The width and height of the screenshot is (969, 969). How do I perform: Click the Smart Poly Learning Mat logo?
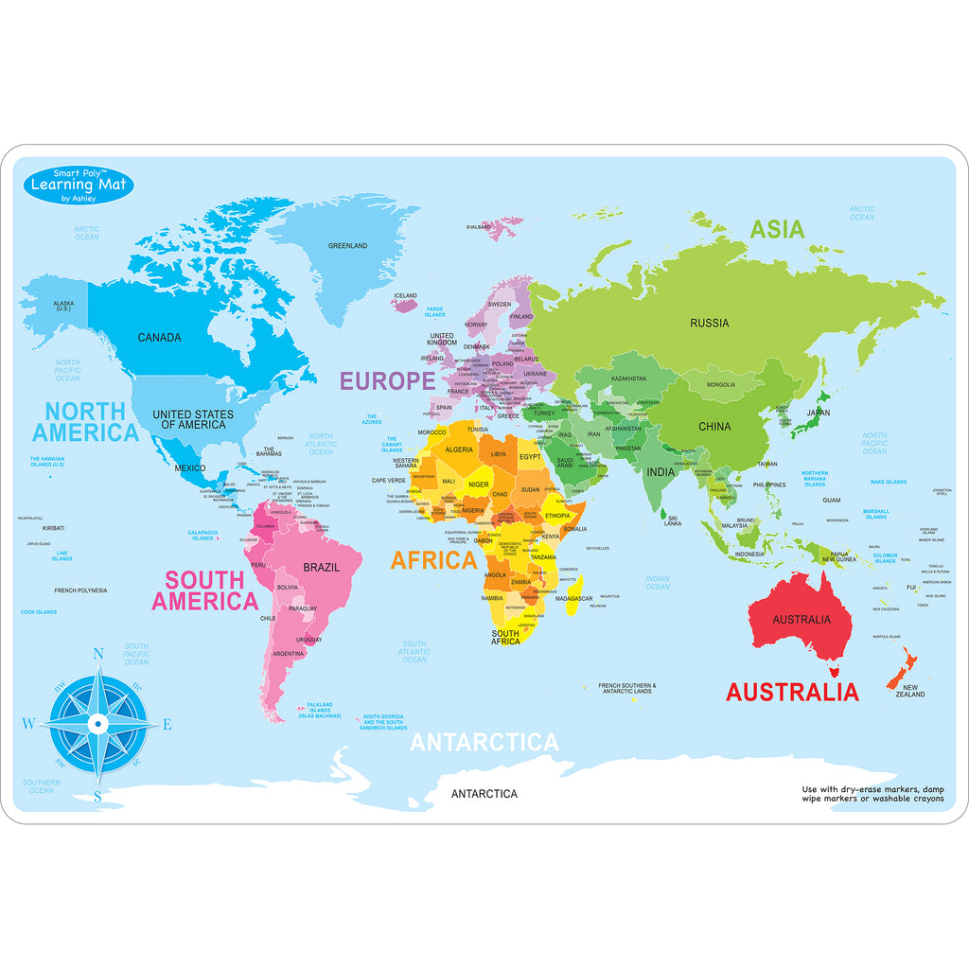point(79,184)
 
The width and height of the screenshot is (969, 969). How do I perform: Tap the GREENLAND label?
point(347,246)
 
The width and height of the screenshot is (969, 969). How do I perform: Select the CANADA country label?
point(159,338)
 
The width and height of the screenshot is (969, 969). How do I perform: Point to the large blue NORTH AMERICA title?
point(85,422)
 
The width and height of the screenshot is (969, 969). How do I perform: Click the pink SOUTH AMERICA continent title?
point(204,590)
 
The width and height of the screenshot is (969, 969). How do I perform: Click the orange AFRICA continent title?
point(434,561)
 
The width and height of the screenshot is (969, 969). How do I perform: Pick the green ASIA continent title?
point(777,229)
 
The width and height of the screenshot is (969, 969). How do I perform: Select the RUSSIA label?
point(709,324)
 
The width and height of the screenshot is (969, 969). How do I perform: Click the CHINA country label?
point(714,427)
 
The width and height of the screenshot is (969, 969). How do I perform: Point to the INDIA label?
point(661,472)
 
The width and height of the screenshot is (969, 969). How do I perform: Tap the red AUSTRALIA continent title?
point(792,692)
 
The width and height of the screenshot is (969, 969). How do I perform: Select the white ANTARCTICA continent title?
point(484,743)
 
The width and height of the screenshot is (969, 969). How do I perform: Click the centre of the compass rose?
point(97,724)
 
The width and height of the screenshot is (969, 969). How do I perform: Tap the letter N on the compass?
point(97,653)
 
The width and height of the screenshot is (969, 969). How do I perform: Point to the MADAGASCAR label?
point(573,599)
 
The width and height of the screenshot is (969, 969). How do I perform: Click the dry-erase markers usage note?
point(872,794)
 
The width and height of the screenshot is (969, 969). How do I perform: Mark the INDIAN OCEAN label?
point(657,583)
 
